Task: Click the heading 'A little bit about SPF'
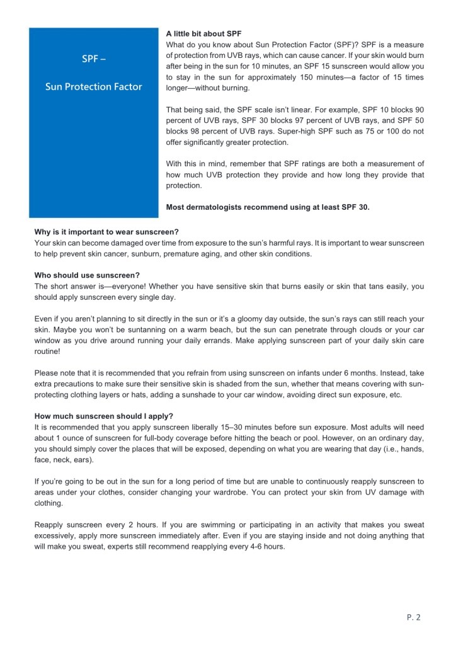pos(203,33)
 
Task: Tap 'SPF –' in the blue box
pos(93,60)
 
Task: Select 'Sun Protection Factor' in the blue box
pos(93,87)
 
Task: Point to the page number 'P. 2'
pos(413,617)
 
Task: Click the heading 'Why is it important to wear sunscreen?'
pos(106,232)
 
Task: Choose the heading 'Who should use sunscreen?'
pos(87,275)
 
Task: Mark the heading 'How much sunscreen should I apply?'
pos(104,416)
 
